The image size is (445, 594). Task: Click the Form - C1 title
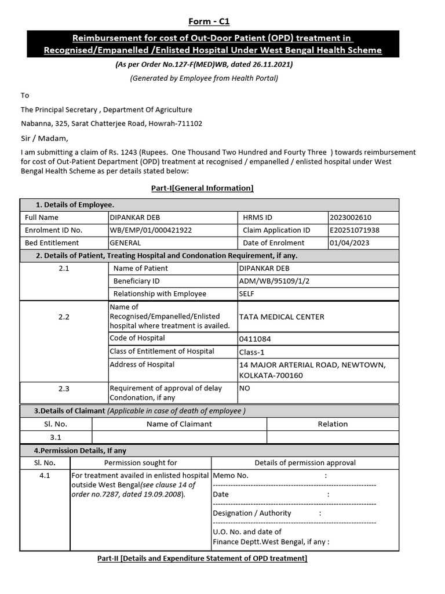point(209,21)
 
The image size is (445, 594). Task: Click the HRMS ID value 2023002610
point(351,218)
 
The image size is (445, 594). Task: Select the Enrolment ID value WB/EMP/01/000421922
point(151,230)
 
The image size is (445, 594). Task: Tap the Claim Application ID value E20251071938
point(355,230)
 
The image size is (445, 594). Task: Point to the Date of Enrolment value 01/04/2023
point(350,243)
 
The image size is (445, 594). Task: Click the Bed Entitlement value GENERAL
point(125,243)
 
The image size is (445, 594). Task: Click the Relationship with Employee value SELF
point(247,294)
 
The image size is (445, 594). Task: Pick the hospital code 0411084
point(255,339)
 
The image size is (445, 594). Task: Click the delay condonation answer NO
point(245,389)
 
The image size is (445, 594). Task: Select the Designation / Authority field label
point(252,513)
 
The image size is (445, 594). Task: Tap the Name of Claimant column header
point(179,424)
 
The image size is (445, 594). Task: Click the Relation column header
point(333,424)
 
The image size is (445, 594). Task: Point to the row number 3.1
point(56,437)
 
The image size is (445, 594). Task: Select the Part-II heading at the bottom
point(202,559)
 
